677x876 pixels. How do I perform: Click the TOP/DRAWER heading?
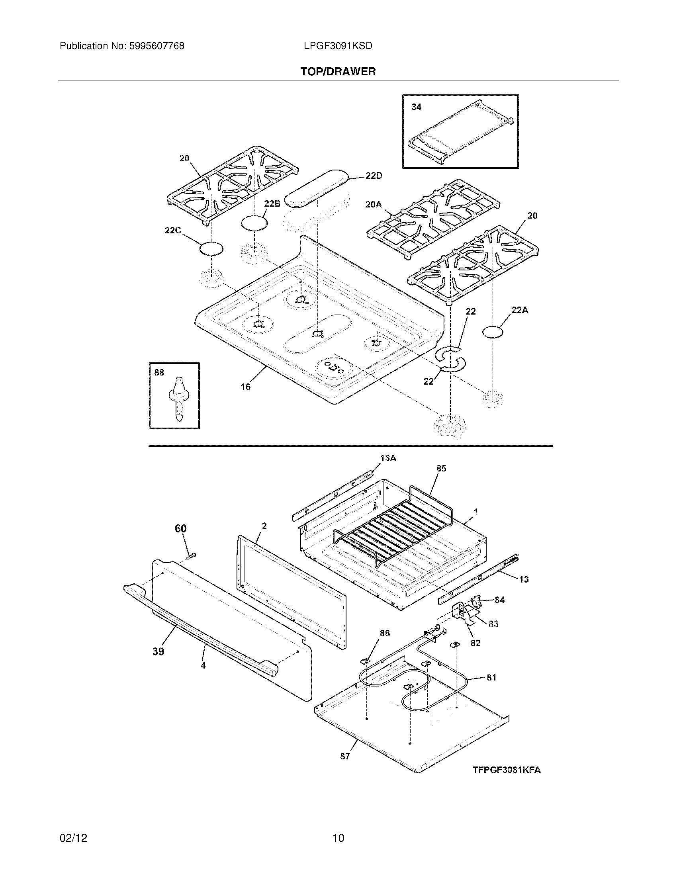(338, 72)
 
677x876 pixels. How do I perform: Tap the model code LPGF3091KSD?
(338, 46)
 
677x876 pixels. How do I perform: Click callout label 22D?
(374, 176)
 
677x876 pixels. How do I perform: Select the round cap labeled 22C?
(211, 249)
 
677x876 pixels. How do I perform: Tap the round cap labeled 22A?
(493, 332)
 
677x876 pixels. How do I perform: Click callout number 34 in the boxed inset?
(416, 107)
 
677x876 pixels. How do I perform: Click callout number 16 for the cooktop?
(245, 386)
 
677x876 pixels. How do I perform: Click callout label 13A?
(388, 458)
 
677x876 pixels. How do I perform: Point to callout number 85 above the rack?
(441, 468)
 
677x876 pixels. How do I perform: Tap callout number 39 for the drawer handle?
(158, 651)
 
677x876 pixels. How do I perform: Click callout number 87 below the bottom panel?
(345, 756)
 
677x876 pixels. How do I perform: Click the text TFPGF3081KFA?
(506, 770)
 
